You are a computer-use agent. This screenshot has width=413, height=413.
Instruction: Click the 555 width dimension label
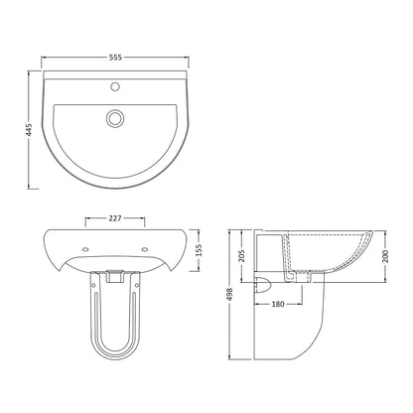(115, 58)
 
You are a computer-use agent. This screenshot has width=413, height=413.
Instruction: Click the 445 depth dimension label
(29, 130)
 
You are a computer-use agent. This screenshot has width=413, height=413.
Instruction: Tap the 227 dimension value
(115, 218)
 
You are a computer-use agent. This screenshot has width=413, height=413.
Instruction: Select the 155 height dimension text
(199, 250)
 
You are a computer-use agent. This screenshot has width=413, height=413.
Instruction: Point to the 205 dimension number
(241, 255)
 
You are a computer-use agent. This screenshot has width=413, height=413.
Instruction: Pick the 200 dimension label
(386, 256)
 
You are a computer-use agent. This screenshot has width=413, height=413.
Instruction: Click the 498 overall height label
(229, 294)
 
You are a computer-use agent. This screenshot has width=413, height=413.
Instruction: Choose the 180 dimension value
(278, 304)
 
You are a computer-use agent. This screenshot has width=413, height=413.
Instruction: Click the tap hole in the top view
(115, 86)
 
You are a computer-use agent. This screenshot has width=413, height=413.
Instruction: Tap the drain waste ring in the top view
(115, 118)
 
